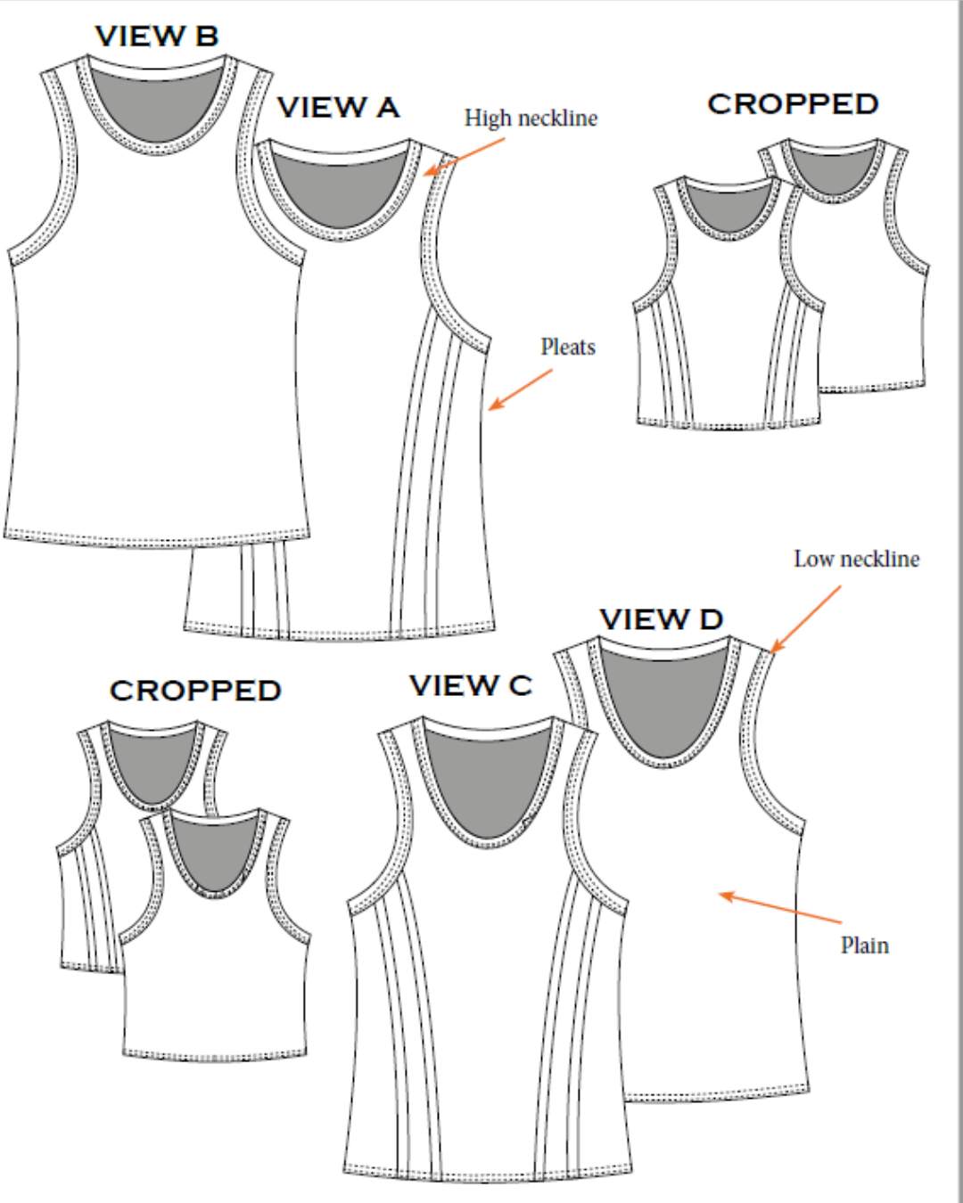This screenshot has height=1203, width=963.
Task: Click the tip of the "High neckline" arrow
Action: [x=423, y=175]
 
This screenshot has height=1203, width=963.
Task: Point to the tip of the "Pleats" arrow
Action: [x=489, y=410]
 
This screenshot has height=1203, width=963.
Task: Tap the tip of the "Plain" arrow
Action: [x=719, y=894]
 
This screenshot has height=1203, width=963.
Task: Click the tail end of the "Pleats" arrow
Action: [x=552, y=370]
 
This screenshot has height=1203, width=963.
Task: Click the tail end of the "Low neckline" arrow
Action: [x=841, y=585]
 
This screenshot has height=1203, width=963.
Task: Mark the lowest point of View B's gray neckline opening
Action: [x=158, y=142]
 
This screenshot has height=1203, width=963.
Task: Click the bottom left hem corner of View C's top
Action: [x=343, y=1171]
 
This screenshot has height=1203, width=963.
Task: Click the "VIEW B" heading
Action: [x=157, y=37]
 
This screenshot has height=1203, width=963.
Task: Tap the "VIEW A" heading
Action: [x=339, y=107]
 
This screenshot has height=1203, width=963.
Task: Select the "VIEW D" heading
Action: [x=662, y=619]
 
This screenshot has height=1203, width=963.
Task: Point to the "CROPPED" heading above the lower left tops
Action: [x=195, y=691]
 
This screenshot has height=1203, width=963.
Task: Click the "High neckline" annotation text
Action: [x=531, y=119]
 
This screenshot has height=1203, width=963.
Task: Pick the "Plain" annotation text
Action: [x=865, y=945]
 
